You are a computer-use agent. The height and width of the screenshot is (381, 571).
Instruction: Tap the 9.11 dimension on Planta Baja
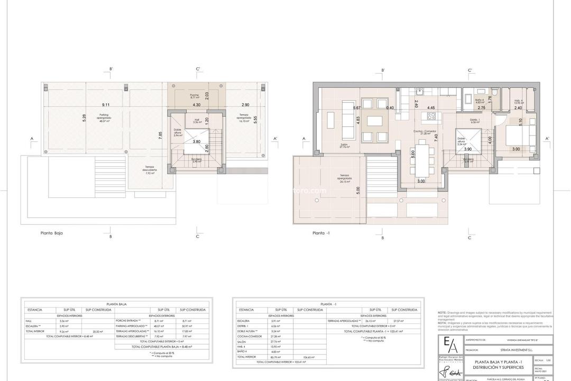(106, 105)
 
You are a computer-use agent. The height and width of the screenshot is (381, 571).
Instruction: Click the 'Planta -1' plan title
(321, 232)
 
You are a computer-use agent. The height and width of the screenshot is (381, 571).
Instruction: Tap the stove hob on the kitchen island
(431, 116)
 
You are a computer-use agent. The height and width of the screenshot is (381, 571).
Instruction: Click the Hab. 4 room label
(519, 102)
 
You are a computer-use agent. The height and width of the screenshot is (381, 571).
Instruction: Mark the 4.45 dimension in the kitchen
(431, 107)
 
